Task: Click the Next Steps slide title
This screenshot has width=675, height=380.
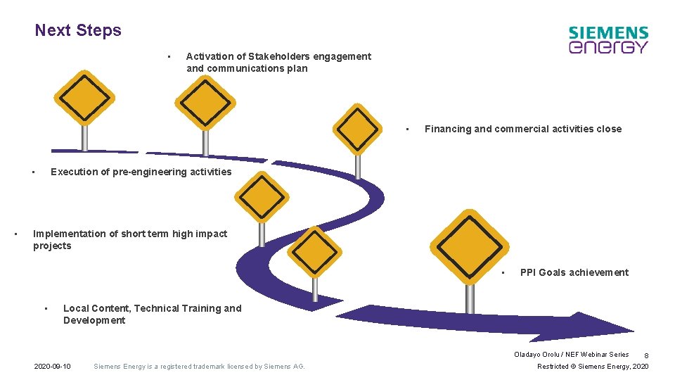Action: [x=78, y=30]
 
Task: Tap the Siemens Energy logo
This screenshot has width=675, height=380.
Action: [x=608, y=40]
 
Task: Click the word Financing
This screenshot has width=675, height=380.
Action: [x=447, y=129]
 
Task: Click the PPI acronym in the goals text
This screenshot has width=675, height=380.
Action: [x=529, y=272]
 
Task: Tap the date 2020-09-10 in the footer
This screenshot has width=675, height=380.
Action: [x=53, y=367]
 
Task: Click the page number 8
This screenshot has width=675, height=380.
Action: [x=645, y=356]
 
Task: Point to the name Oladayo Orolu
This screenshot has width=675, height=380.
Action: [x=537, y=355]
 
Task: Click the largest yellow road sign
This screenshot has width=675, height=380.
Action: [x=470, y=246]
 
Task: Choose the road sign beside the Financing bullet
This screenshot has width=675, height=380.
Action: [x=357, y=129]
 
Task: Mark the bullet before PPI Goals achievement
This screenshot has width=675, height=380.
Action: [x=503, y=272]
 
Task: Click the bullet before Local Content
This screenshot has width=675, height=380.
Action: [x=45, y=308]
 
